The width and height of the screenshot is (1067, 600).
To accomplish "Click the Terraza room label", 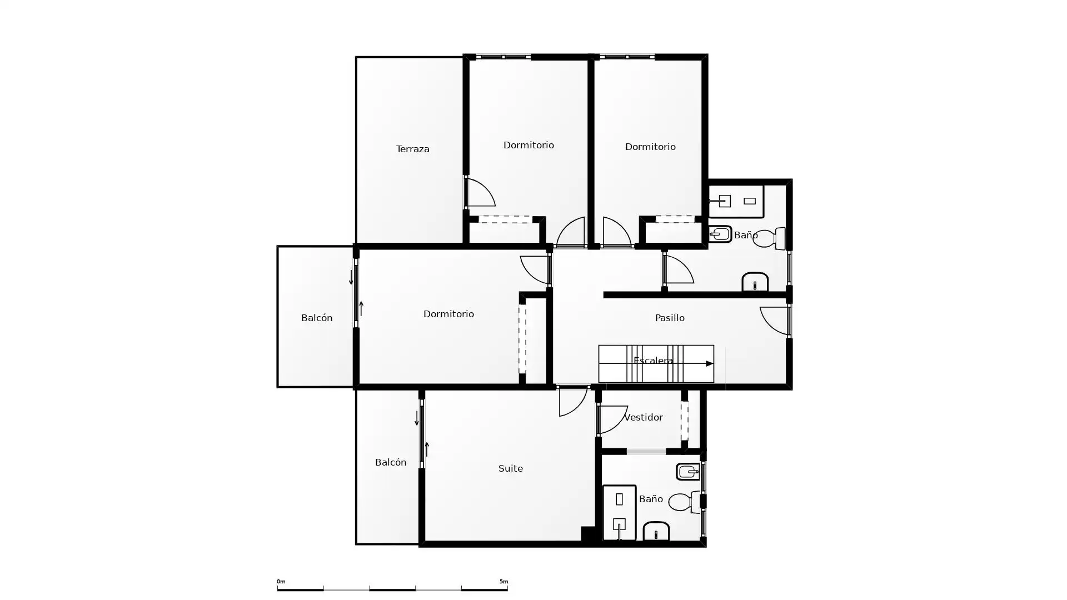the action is (x=412, y=149).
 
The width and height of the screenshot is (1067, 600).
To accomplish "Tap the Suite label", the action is (x=510, y=468).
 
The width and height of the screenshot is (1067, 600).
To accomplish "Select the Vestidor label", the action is (x=643, y=417).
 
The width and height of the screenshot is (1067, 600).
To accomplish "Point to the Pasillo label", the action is (x=669, y=318).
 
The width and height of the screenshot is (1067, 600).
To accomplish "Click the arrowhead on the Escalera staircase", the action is (x=710, y=364).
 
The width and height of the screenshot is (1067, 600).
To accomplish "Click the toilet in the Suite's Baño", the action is (x=684, y=502).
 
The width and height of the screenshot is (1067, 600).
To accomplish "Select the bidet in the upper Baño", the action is (x=720, y=234).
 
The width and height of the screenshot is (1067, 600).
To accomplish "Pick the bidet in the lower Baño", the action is (x=688, y=472).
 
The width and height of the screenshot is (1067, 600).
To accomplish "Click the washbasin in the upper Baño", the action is (x=755, y=282).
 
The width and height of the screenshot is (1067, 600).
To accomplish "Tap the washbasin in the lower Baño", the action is (x=656, y=531).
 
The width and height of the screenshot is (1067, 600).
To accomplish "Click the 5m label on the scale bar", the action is (x=503, y=582).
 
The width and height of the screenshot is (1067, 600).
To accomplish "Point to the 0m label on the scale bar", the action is (x=281, y=582).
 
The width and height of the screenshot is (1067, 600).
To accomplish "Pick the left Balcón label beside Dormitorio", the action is (x=317, y=318).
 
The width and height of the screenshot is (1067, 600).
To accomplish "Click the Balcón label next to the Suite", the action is (x=391, y=462).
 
